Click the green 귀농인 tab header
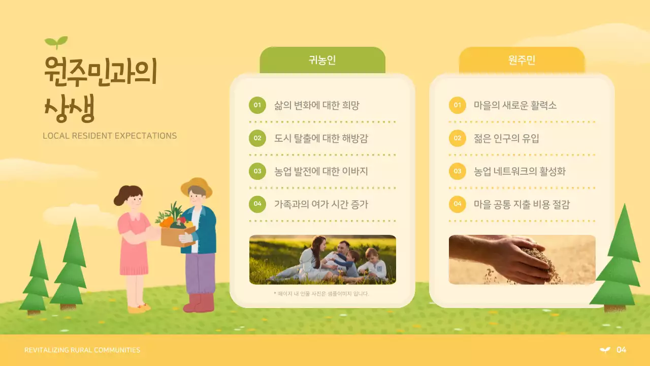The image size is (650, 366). (322, 60)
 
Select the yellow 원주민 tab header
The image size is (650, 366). (522, 60)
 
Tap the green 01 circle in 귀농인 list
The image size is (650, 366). (257, 105)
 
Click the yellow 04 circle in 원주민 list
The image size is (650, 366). (458, 204)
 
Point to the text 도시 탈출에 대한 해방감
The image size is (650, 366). (321, 138)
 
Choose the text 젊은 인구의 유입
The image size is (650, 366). (506, 138)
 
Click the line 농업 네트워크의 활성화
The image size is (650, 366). (519, 171)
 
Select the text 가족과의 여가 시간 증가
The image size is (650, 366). (321, 204)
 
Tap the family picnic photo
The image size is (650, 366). (322, 259)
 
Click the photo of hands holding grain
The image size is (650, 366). (522, 259)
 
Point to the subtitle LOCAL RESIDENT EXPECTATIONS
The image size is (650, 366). (110, 136)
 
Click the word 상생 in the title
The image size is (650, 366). (70, 108)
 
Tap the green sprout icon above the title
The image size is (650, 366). (56, 42)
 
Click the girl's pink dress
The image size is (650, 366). (133, 244)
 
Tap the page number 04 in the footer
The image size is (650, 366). (621, 350)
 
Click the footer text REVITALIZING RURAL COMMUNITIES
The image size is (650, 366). (82, 350)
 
